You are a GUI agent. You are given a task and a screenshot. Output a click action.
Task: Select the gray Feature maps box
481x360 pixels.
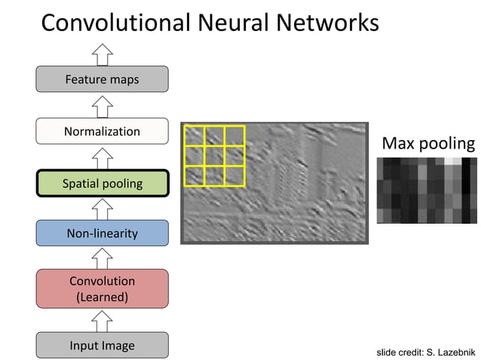(102, 79)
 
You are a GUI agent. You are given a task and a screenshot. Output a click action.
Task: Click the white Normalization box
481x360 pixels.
(102, 131)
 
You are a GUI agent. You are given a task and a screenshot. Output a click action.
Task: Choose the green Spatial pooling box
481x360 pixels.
(102, 183)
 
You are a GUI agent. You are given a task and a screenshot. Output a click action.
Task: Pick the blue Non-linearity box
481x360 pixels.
(102, 233)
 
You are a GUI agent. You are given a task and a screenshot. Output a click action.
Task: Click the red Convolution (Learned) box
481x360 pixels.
(102, 288)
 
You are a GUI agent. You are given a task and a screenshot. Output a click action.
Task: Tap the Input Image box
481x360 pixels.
(102, 346)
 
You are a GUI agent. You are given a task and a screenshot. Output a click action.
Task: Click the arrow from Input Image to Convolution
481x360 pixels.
(102, 320)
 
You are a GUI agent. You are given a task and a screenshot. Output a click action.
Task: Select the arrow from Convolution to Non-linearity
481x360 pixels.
(102, 258)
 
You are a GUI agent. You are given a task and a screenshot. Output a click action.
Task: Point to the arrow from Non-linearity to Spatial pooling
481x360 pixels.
(102, 208)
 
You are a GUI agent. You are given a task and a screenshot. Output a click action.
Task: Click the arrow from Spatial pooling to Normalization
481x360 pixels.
(102, 157)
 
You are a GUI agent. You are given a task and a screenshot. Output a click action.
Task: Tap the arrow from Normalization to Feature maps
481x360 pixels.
(102, 105)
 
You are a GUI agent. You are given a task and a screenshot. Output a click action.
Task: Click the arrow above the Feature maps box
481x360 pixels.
(102, 53)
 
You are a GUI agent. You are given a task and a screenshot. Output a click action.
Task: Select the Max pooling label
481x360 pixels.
(428, 143)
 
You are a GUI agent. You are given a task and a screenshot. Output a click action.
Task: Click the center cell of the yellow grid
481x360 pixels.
(215, 156)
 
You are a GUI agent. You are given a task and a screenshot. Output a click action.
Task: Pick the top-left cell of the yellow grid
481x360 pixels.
(195, 136)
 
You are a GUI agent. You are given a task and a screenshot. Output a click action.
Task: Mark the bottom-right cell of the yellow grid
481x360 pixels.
(234, 176)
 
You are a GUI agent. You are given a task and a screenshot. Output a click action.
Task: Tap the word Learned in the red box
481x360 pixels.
(103, 297)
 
